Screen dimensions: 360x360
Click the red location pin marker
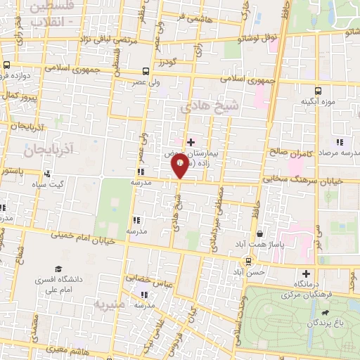click(x=179, y=166)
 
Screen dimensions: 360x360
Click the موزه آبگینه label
click(x=316, y=102)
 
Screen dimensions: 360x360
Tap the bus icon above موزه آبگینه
click(x=318, y=91)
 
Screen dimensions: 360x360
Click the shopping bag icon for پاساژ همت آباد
click(x=260, y=233)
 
